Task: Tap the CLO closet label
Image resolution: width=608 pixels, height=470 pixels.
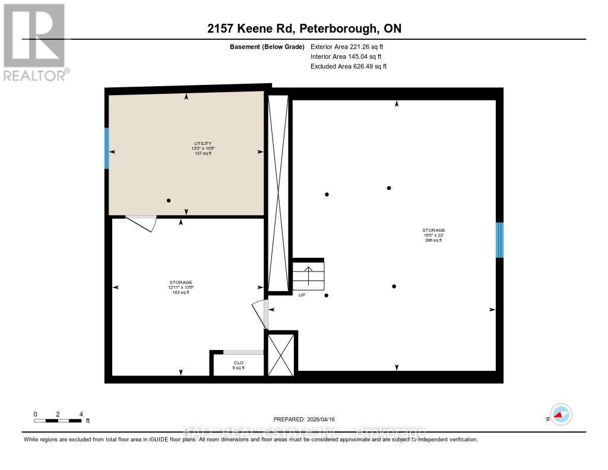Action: [x=238, y=364]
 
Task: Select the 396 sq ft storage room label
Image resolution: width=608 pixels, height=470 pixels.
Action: [x=433, y=235]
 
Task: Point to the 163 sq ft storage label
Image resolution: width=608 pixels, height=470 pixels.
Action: [x=180, y=288]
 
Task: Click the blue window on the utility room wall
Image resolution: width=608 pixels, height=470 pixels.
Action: [x=107, y=148]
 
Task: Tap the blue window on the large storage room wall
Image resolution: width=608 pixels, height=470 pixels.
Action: [x=499, y=240]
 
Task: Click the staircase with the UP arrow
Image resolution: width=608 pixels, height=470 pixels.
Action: [x=308, y=276]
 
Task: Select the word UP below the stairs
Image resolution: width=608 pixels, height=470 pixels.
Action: [x=302, y=295]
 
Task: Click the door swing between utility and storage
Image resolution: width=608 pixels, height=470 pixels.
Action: [x=142, y=223]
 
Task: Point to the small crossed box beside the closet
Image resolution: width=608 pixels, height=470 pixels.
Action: [x=281, y=354]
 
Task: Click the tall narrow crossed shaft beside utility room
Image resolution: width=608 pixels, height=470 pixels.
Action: [x=278, y=193]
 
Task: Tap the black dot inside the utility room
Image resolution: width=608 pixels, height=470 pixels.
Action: [x=169, y=201]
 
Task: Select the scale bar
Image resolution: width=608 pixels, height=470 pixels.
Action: [x=58, y=421]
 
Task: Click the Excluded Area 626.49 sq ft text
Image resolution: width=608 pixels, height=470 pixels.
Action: [x=349, y=67]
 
